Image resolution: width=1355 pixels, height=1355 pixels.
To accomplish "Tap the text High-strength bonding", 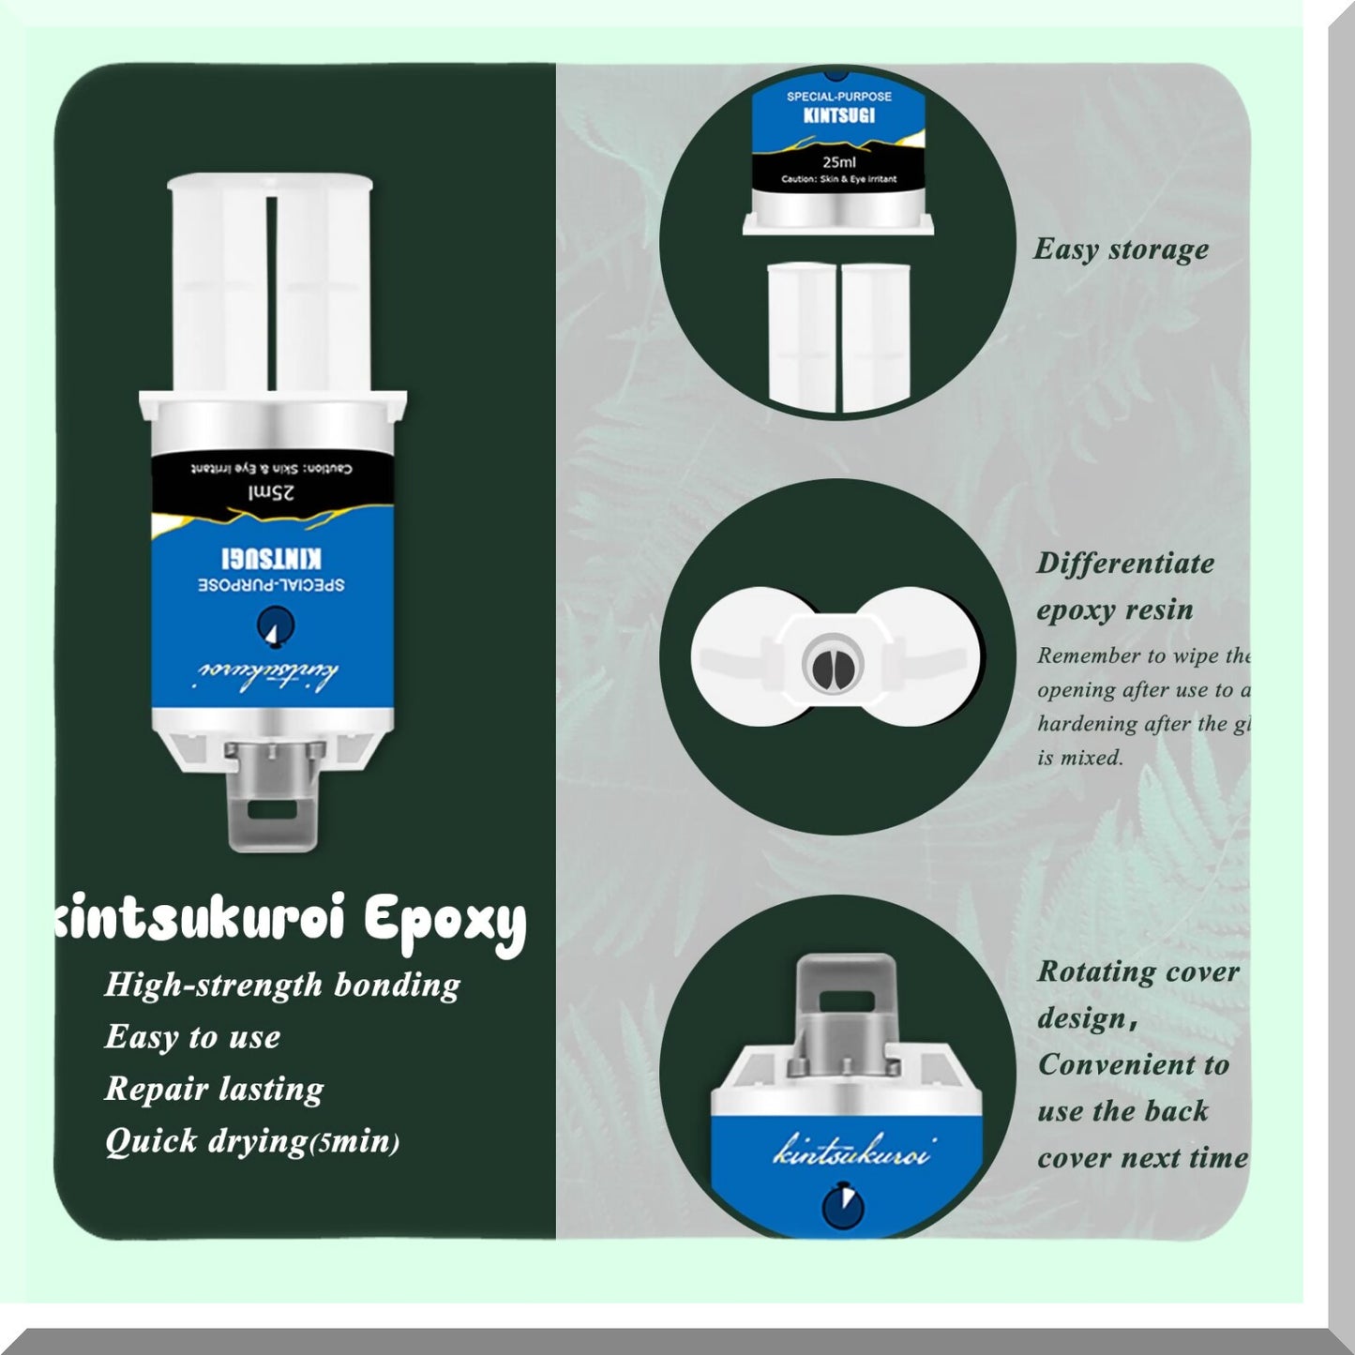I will [x=282, y=985].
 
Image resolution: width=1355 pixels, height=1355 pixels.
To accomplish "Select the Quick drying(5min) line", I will [x=251, y=1141].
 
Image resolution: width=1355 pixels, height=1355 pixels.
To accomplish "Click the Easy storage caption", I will [x=1121, y=249].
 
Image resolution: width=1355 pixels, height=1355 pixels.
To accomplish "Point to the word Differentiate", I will [x=1125, y=564].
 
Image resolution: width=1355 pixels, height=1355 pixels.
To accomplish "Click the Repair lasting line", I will [x=214, y=1089].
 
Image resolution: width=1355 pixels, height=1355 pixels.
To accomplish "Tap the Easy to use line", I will [x=192, y=1037].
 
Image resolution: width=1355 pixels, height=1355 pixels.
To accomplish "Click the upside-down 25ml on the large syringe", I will [x=272, y=493].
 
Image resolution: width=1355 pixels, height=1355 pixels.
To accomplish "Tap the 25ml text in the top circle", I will [x=839, y=161].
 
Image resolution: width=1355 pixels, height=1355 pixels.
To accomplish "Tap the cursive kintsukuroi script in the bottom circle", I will [x=851, y=1152].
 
